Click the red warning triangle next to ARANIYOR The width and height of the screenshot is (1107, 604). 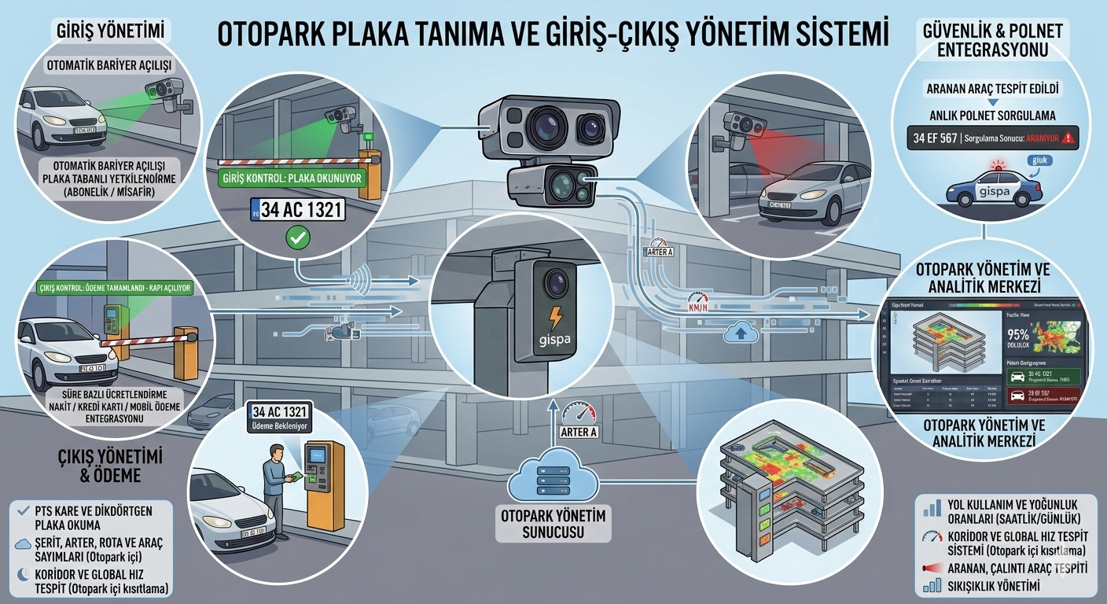(x=1067, y=138)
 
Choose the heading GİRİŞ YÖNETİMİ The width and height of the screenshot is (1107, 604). (x=111, y=31)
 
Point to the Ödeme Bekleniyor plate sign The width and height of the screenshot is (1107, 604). (x=280, y=418)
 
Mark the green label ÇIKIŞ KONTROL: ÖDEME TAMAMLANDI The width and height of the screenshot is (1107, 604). (x=114, y=288)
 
